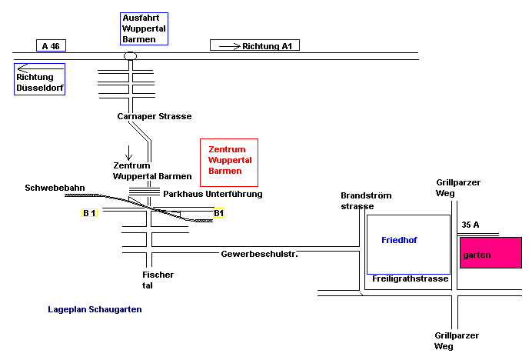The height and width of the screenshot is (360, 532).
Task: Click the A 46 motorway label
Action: pyautogui.click(x=51, y=46)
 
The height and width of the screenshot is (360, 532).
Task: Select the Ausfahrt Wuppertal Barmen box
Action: pyautogui.click(x=145, y=28)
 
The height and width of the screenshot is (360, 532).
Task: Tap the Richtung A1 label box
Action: pyautogui.click(x=254, y=46)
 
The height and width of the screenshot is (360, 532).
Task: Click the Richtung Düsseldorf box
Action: pyautogui.click(x=40, y=79)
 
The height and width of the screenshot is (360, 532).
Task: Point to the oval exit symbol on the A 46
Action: pyautogui.click(x=131, y=55)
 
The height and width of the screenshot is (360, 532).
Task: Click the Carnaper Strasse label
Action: pyautogui.click(x=155, y=116)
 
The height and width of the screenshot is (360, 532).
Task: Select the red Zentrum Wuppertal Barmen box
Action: pyautogui.click(x=231, y=162)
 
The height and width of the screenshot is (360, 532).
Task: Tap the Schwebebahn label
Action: pyautogui.click(x=55, y=188)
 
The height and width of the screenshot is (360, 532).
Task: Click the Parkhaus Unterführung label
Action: pyautogui.click(x=213, y=194)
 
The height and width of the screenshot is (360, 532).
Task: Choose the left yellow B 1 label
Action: pyautogui.click(x=89, y=212)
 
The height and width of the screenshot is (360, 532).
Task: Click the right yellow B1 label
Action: pyautogui.click(x=219, y=212)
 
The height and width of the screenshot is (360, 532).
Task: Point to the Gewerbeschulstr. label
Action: pyautogui.click(x=259, y=253)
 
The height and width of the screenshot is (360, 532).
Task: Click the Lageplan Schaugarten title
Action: pyautogui.click(x=95, y=309)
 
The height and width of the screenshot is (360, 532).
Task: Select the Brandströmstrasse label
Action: pyautogui.click(x=357, y=201)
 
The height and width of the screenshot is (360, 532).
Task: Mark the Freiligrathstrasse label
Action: pyautogui.click(x=410, y=278)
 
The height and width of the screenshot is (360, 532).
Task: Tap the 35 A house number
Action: pyautogui.click(x=470, y=225)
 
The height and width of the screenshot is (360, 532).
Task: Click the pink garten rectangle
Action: pyautogui.click(x=490, y=253)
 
